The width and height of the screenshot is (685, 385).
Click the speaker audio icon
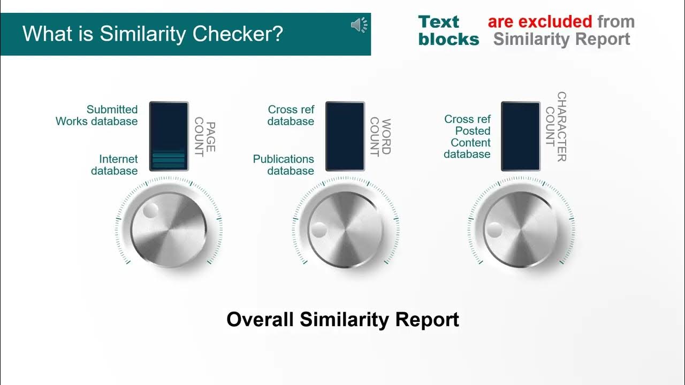click(360, 25)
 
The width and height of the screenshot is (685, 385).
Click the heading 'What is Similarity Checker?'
click(153, 34)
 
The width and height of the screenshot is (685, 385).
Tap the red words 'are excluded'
click(539, 22)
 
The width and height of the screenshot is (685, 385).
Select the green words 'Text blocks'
click(448, 30)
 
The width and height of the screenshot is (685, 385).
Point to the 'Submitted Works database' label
click(97, 115)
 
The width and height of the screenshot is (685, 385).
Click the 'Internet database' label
click(115, 165)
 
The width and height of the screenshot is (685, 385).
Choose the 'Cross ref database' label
click(291, 115)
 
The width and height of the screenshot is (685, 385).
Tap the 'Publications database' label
click(284, 165)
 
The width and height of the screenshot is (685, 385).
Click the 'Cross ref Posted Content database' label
click(467, 136)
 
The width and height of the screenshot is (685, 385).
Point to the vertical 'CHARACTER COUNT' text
click(556, 126)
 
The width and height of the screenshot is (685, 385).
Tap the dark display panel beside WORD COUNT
click(345, 136)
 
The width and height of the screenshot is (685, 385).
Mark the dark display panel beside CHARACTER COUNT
click(521, 136)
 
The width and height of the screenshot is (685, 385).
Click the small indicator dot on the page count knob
click(150, 210)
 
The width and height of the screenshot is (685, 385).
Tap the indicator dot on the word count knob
click(319, 230)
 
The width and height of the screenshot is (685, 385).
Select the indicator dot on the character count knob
click(494, 230)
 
